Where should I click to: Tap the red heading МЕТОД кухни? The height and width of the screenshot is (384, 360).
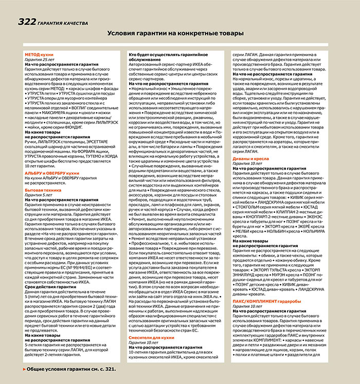[x=40, y=54]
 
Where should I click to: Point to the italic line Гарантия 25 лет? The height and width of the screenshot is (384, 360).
[x=40, y=59]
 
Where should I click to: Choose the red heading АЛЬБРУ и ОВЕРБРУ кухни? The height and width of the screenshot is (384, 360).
[x=52, y=159]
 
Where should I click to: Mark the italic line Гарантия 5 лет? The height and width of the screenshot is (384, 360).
[x=38, y=180]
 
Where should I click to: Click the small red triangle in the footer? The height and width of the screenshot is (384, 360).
[x=24, y=369]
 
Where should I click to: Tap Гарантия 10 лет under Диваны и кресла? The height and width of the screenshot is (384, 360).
[x=247, y=149]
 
